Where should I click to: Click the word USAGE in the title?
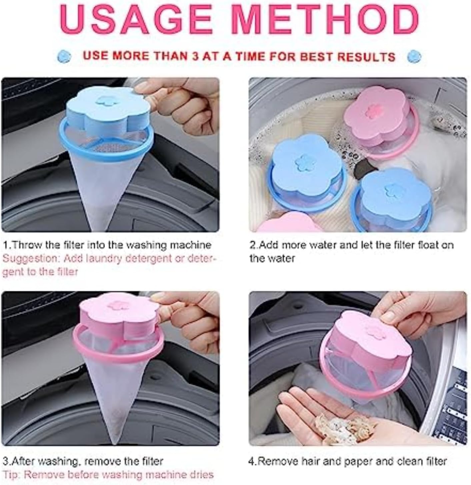135,19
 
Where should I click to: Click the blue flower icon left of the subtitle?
64,56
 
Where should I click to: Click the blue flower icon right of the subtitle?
414,56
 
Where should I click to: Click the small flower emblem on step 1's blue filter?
104,100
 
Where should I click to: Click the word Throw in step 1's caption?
27,245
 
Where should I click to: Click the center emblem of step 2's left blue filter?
303,163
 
